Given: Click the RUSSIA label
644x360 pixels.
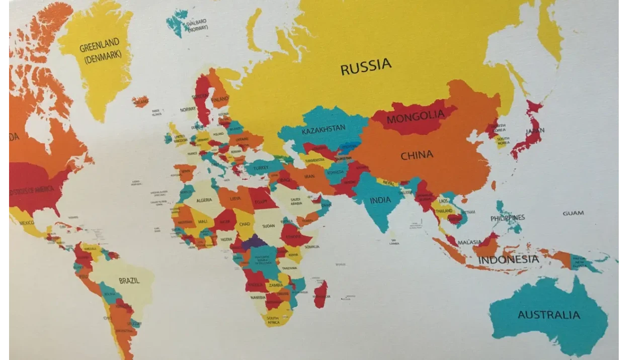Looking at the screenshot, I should pyautogui.click(x=366, y=66).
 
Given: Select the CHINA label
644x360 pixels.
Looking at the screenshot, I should pyautogui.click(x=417, y=155).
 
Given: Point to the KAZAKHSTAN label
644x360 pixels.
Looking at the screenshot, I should pyautogui.click(x=324, y=130).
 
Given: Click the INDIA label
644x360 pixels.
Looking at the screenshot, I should pyautogui.click(x=380, y=201).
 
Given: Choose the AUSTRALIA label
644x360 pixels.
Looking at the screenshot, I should pyautogui.click(x=549, y=315).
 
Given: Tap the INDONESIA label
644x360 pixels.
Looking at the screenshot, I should pyautogui.click(x=508, y=260).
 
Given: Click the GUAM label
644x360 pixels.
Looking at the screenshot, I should pyautogui.click(x=573, y=213).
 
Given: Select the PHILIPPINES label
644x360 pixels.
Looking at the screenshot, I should pyautogui.click(x=508, y=218).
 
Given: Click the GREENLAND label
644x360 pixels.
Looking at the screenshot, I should pyautogui.click(x=100, y=48).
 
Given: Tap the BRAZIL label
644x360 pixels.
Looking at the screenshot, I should pyautogui.click(x=129, y=281).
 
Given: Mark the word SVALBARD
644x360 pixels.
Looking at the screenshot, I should pyautogui.click(x=196, y=23).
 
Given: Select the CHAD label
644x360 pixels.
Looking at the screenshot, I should pyautogui.click(x=245, y=224).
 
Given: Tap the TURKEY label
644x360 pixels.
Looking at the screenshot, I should pyautogui.click(x=262, y=168).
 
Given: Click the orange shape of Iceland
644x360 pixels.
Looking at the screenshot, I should pyautogui.click(x=140, y=102).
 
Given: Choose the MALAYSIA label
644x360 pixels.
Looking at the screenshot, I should pyautogui.click(x=469, y=242).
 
